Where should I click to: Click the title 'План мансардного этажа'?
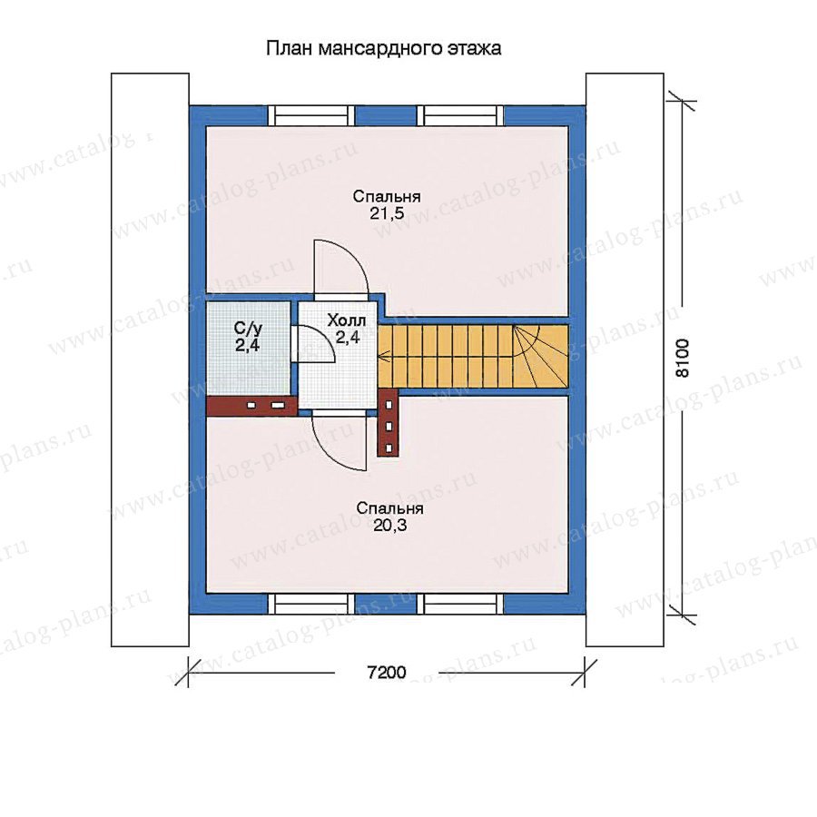coord(383,48)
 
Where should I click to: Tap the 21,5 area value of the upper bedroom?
coord(387,213)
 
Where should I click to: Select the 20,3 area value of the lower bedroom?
coord(389,526)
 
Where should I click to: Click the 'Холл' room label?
coord(347,320)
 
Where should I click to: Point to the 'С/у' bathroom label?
coord(248,329)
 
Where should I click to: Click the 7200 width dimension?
coord(387,673)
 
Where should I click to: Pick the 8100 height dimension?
coord(682,358)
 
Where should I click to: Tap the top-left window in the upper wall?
coord(311,115)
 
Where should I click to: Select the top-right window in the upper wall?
coord(460,115)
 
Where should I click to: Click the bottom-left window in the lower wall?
coord(311,604)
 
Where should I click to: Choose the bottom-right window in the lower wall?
coord(460,604)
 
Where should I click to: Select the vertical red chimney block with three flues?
coord(389,422)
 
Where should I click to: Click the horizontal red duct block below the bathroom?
coord(251,406)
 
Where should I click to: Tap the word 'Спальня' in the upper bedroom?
coord(387,196)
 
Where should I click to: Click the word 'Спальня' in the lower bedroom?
coord(389,508)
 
